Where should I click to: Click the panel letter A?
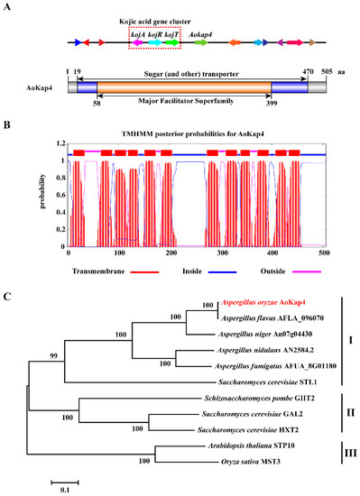(x=7, y=7)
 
